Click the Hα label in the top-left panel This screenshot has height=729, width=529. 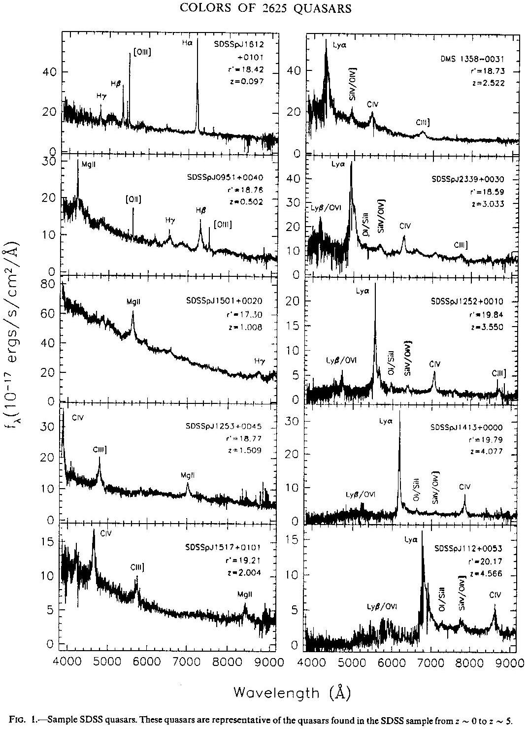(186, 43)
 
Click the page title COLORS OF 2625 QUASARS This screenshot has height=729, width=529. (265, 8)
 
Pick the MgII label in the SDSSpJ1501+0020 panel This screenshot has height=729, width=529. (132, 302)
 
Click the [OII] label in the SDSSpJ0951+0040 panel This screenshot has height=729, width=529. (133, 199)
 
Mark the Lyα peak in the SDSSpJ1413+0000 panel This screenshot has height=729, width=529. (399, 414)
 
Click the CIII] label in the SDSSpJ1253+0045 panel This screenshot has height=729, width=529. (100, 449)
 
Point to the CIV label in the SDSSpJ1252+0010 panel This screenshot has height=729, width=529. (434, 364)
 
